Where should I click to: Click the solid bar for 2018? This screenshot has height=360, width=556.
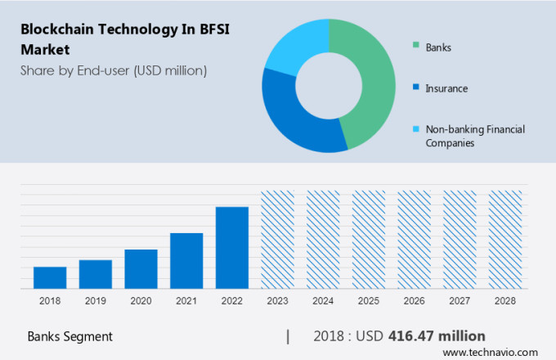click(50, 277)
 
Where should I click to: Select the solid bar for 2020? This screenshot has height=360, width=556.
click(141, 269)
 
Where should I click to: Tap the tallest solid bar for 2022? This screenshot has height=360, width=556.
click(231, 247)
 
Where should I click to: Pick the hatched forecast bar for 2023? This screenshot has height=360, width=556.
click(277, 239)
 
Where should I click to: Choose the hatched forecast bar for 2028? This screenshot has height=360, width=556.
click(504, 239)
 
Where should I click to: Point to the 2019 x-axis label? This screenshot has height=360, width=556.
click(96, 301)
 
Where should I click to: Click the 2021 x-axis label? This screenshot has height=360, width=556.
click(186, 301)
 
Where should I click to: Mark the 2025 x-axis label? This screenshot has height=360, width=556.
click(368, 301)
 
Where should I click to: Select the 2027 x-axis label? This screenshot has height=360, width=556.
click(459, 301)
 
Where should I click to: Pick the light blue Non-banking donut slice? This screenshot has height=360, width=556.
click(294, 45)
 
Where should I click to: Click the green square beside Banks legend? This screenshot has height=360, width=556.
click(416, 47)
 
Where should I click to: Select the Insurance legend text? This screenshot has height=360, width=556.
click(446, 88)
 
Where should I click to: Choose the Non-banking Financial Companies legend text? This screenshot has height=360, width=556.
click(474, 136)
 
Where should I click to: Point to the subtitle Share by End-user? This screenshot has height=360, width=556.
click(114, 70)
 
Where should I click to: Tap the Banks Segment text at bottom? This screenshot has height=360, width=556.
click(70, 336)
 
